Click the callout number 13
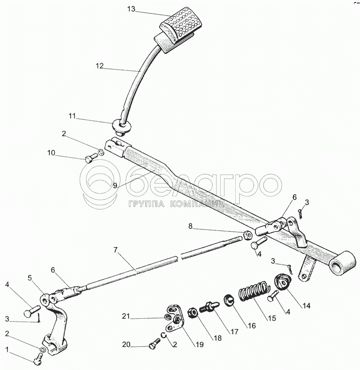(131, 9)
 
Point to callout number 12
(100, 66)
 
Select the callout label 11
(73, 116)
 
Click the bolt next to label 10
(90, 158)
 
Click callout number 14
(307, 306)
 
